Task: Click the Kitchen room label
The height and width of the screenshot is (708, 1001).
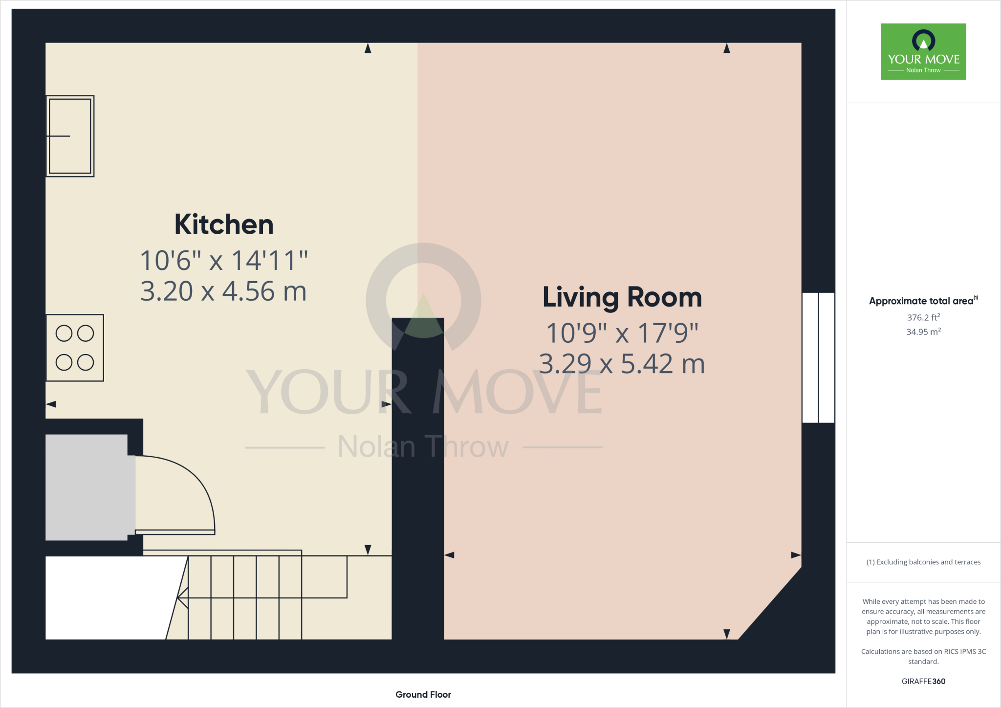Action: click(x=224, y=225)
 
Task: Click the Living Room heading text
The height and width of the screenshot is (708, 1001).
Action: click(x=622, y=297)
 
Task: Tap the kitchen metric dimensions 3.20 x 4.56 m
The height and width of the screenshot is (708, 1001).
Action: click(x=223, y=291)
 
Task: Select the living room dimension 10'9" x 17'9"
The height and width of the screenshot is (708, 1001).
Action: click(x=622, y=333)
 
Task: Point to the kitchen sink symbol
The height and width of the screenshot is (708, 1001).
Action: click(x=70, y=136)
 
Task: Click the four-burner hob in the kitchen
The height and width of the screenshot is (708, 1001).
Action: click(x=75, y=348)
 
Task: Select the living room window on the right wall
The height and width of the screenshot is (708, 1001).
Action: click(x=818, y=357)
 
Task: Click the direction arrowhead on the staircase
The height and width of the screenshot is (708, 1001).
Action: click(x=182, y=597)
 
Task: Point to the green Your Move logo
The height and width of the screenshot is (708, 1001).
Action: click(x=923, y=51)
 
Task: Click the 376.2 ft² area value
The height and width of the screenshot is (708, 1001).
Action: click(x=923, y=317)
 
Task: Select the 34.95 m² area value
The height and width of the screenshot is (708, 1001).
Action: click(x=923, y=332)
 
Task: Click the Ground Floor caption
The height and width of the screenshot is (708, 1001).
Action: click(x=423, y=694)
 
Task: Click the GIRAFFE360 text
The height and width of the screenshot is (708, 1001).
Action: click(x=923, y=681)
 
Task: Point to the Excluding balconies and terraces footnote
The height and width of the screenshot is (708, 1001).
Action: click(x=923, y=562)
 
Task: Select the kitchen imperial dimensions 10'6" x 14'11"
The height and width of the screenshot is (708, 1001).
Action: click(x=224, y=261)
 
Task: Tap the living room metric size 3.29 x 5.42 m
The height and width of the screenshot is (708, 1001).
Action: click(x=622, y=364)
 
